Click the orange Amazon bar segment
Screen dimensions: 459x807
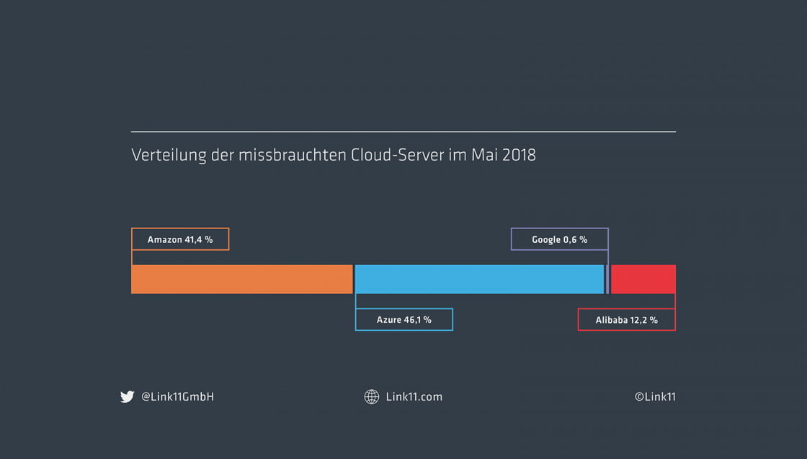(241, 279)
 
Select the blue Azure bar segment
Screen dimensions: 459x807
(479, 279)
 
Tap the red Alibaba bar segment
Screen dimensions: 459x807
(643, 279)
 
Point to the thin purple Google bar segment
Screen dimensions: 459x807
(607, 279)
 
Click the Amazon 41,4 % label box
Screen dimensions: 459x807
(180, 239)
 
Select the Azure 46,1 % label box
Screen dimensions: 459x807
(403, 319)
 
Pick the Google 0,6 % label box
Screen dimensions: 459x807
(560, 239)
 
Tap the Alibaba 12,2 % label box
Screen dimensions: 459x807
(626, 319)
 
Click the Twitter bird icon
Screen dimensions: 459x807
(128, 396)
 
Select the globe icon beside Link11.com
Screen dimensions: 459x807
(372, 396)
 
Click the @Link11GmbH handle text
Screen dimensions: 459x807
(177, 396)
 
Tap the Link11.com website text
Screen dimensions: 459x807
(414, 396)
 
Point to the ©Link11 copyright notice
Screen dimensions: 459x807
(655, 396)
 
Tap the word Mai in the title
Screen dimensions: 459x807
(483, 155)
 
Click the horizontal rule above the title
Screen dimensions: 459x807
(403, 132)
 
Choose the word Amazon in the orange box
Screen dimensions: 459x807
(164, 239)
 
